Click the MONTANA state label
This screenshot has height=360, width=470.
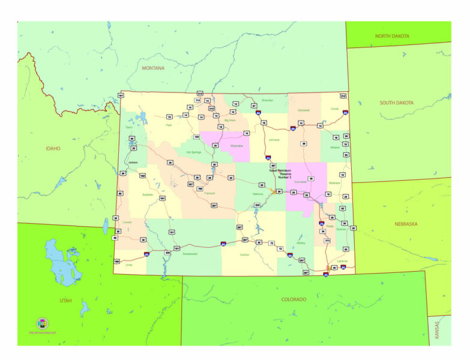tap(152, 68)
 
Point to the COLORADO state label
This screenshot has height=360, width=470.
tap(294, 299)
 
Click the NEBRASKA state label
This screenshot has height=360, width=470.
tap(406, 224)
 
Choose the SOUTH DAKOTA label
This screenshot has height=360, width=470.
tap(397, 103)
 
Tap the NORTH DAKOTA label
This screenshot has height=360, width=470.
tap(392, 36)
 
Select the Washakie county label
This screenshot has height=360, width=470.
tap(237, 146)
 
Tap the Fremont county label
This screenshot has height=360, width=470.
tap(209, 193)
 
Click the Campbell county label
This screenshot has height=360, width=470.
tap(303, 110)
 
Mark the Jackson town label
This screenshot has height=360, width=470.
tap(133, 163)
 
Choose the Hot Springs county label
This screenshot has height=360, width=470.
tap(193, 152)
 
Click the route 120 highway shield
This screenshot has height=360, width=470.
tap(196, 137)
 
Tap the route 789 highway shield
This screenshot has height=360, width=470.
tap(199, 188)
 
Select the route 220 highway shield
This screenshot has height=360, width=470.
tap(258, 206)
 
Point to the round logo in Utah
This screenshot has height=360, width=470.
tap(43, 323)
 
